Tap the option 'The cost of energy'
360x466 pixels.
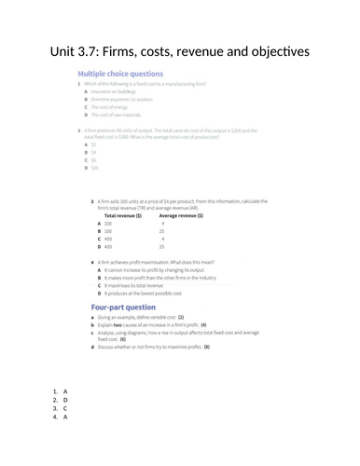[x=109, y=106]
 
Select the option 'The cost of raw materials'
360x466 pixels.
[x=116, y=115]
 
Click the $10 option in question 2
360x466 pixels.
[x=93, y=168]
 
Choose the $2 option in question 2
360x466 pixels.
[x=92, y=144]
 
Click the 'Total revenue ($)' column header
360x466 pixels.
[x=122, y=215]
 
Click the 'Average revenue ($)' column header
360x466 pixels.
[x=178, y=215]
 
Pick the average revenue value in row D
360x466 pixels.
[x=162, y=247]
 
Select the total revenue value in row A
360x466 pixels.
[x=108, y=224]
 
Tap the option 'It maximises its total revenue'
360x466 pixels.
[x=141, y=284]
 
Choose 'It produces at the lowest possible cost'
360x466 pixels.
[x=150, y=293]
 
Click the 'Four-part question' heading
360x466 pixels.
[x=123, y=307]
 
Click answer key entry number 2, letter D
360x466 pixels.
[x=65, y=400]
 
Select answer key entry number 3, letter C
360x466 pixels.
[x=65, y=408]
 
